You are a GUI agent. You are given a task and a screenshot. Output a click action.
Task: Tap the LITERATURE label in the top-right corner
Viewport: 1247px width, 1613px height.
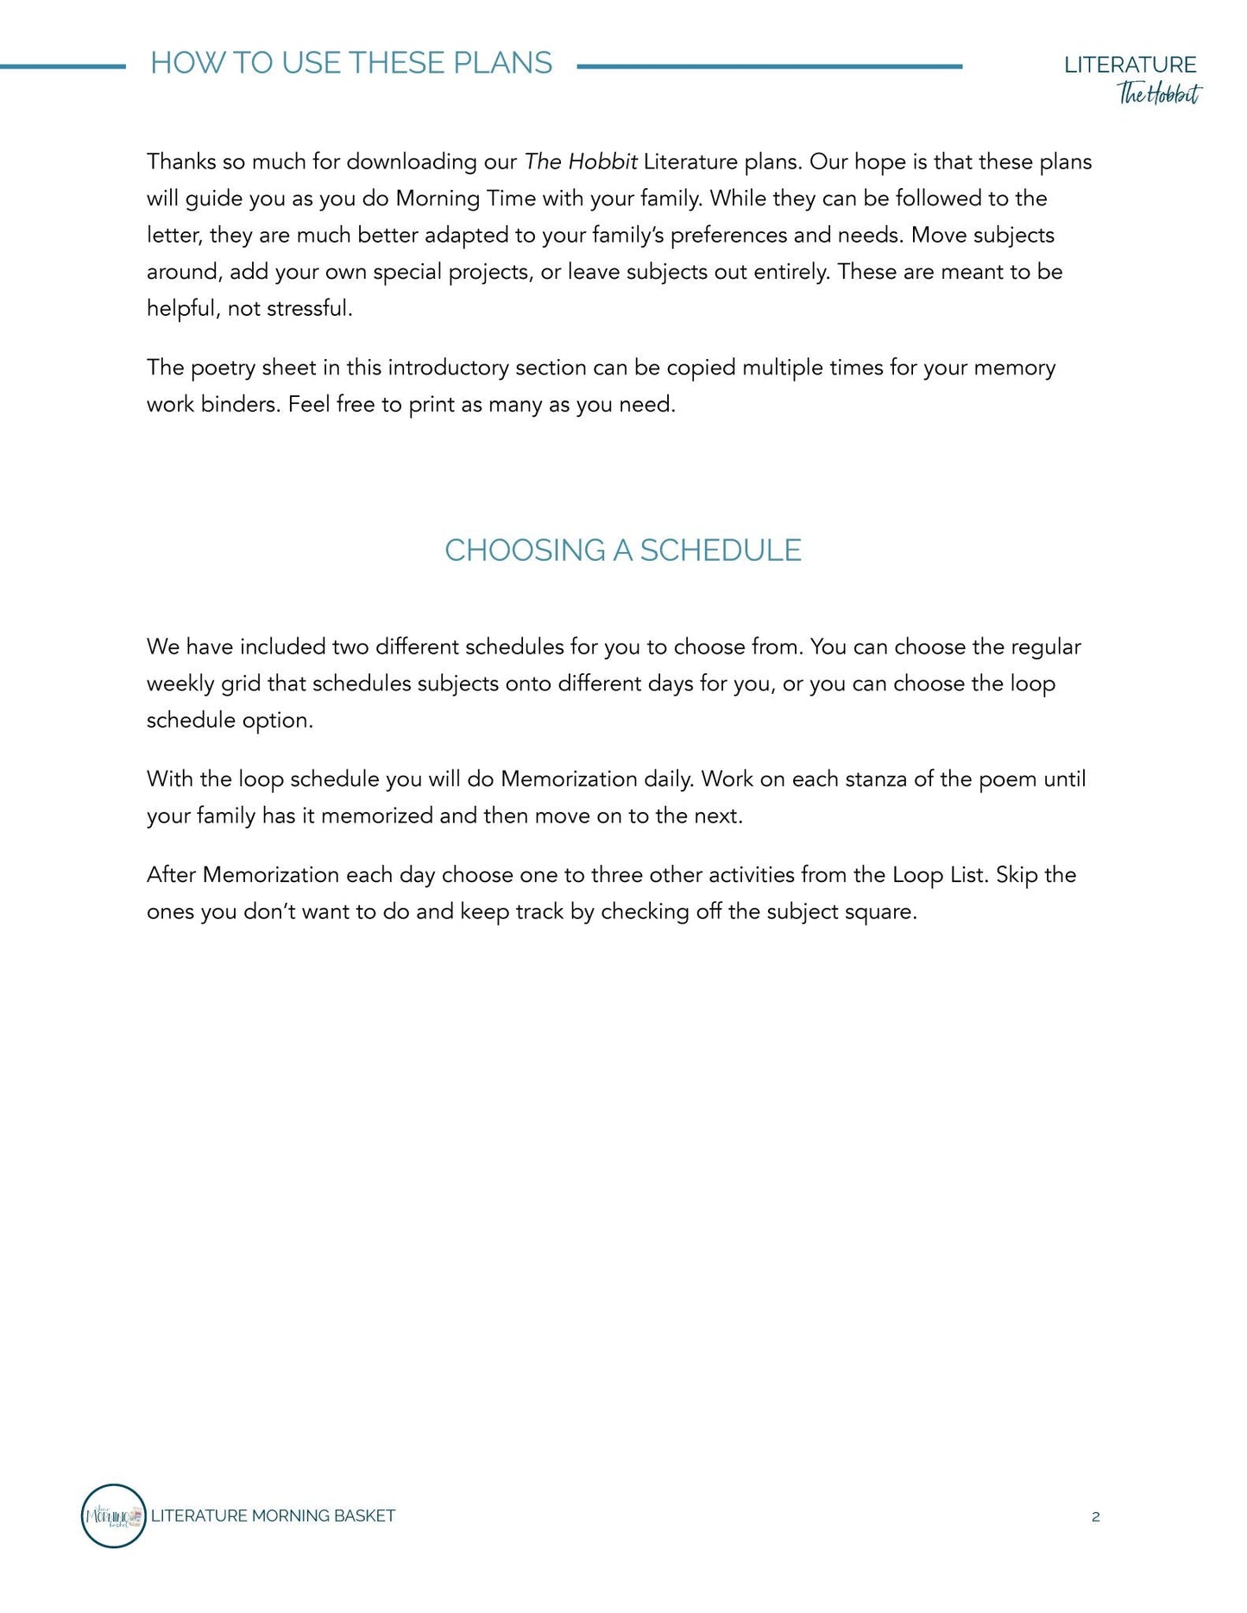click(1130, 65)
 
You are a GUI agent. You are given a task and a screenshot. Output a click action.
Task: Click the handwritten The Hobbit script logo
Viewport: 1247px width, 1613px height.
click(1158, 93)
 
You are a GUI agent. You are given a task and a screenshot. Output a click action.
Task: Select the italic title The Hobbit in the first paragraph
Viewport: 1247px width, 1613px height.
click(581, 161)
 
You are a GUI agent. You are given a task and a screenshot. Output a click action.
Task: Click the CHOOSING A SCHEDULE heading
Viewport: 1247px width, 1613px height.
click(622, 550)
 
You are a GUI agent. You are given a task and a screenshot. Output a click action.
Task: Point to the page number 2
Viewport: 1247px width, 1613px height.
click(1095, 1516)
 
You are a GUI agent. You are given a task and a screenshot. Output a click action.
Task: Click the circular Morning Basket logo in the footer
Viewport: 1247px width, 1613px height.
click(113, 1515)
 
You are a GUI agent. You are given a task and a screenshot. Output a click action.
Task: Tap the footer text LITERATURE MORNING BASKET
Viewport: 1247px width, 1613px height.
click(273, 1515)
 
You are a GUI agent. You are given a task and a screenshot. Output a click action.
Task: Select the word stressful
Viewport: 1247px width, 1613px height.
click(309, 308)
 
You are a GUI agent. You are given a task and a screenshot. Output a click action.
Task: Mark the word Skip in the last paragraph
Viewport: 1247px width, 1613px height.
click(1017, 874)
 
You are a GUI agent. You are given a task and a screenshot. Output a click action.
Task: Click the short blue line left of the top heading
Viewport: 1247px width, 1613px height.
click(62, 66)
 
